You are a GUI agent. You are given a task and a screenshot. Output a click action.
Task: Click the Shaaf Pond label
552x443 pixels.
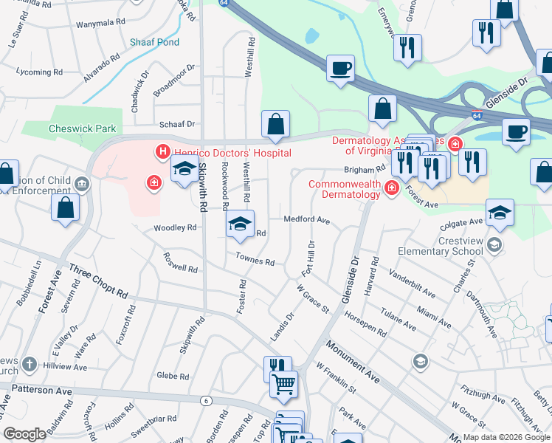154,42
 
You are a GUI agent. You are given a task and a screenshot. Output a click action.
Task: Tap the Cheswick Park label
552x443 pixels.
83,128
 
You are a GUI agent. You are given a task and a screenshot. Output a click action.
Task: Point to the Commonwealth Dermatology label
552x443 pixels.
345,189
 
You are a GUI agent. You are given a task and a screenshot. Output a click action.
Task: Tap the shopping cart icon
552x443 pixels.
283,384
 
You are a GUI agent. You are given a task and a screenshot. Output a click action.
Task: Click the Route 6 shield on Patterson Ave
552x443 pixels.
205,399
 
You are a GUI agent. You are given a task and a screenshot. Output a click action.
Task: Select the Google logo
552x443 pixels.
24,434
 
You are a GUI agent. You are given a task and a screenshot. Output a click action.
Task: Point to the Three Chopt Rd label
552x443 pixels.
98,282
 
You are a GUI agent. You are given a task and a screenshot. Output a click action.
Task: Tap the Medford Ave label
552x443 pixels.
306,219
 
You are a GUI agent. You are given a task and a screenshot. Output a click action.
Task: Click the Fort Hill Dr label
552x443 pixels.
307,258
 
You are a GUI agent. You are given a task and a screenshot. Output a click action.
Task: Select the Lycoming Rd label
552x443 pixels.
38,72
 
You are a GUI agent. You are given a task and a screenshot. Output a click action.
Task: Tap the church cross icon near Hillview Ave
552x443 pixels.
29,364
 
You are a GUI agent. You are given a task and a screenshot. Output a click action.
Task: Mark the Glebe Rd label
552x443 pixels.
174,376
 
